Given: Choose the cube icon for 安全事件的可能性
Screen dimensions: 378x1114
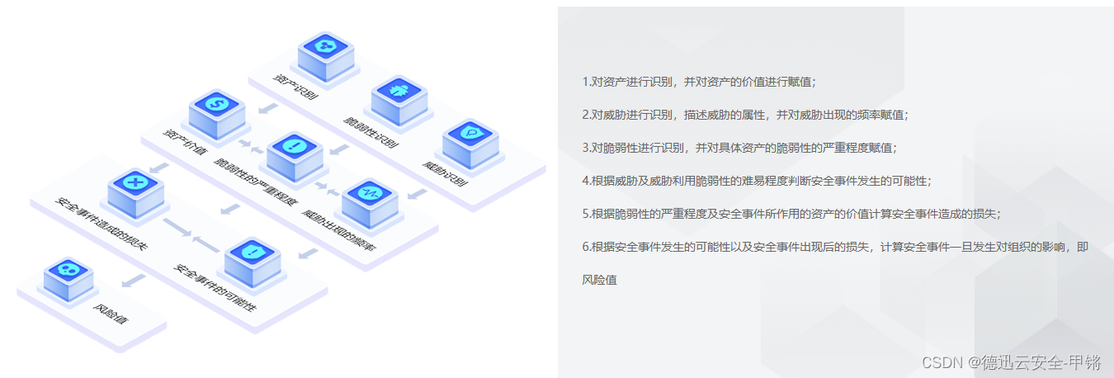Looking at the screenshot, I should pyautogui.click(x=253, y=256).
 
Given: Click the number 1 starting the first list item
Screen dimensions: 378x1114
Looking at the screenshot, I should pyautogui.click(x=585, y=82).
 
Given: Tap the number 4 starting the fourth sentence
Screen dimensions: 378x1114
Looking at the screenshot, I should pyautogui.click(x=585, y=180).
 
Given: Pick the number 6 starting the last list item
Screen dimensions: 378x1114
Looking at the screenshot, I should pyautogui.click(x=585, y=246).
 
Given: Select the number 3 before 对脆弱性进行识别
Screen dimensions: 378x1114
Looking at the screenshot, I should pyautogui.click(x=585, y=148).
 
